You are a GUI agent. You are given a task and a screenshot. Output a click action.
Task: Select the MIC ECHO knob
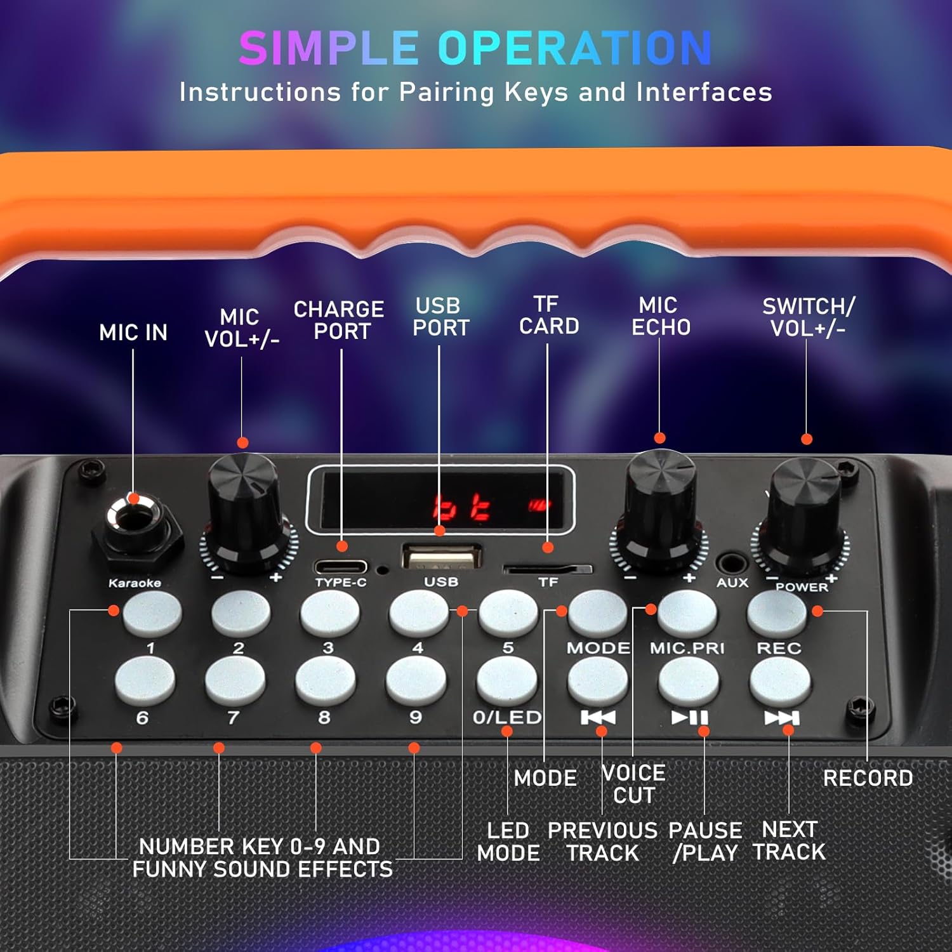(x=660, y=505)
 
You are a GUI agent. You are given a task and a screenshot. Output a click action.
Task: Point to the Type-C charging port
(x=341, y=566)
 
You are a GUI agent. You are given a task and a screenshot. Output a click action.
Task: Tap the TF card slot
(x=547, y=569)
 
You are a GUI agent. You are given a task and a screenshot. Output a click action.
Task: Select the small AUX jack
(x=732, y=563)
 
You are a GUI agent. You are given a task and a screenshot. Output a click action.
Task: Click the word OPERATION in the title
(x=574, y=48)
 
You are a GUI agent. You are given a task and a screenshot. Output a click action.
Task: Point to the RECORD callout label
(x=868, y=778)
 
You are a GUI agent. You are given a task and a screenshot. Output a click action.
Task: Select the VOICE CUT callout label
(x=633, y=784)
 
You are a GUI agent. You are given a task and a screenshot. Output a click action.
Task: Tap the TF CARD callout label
(x=548, y=315)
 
